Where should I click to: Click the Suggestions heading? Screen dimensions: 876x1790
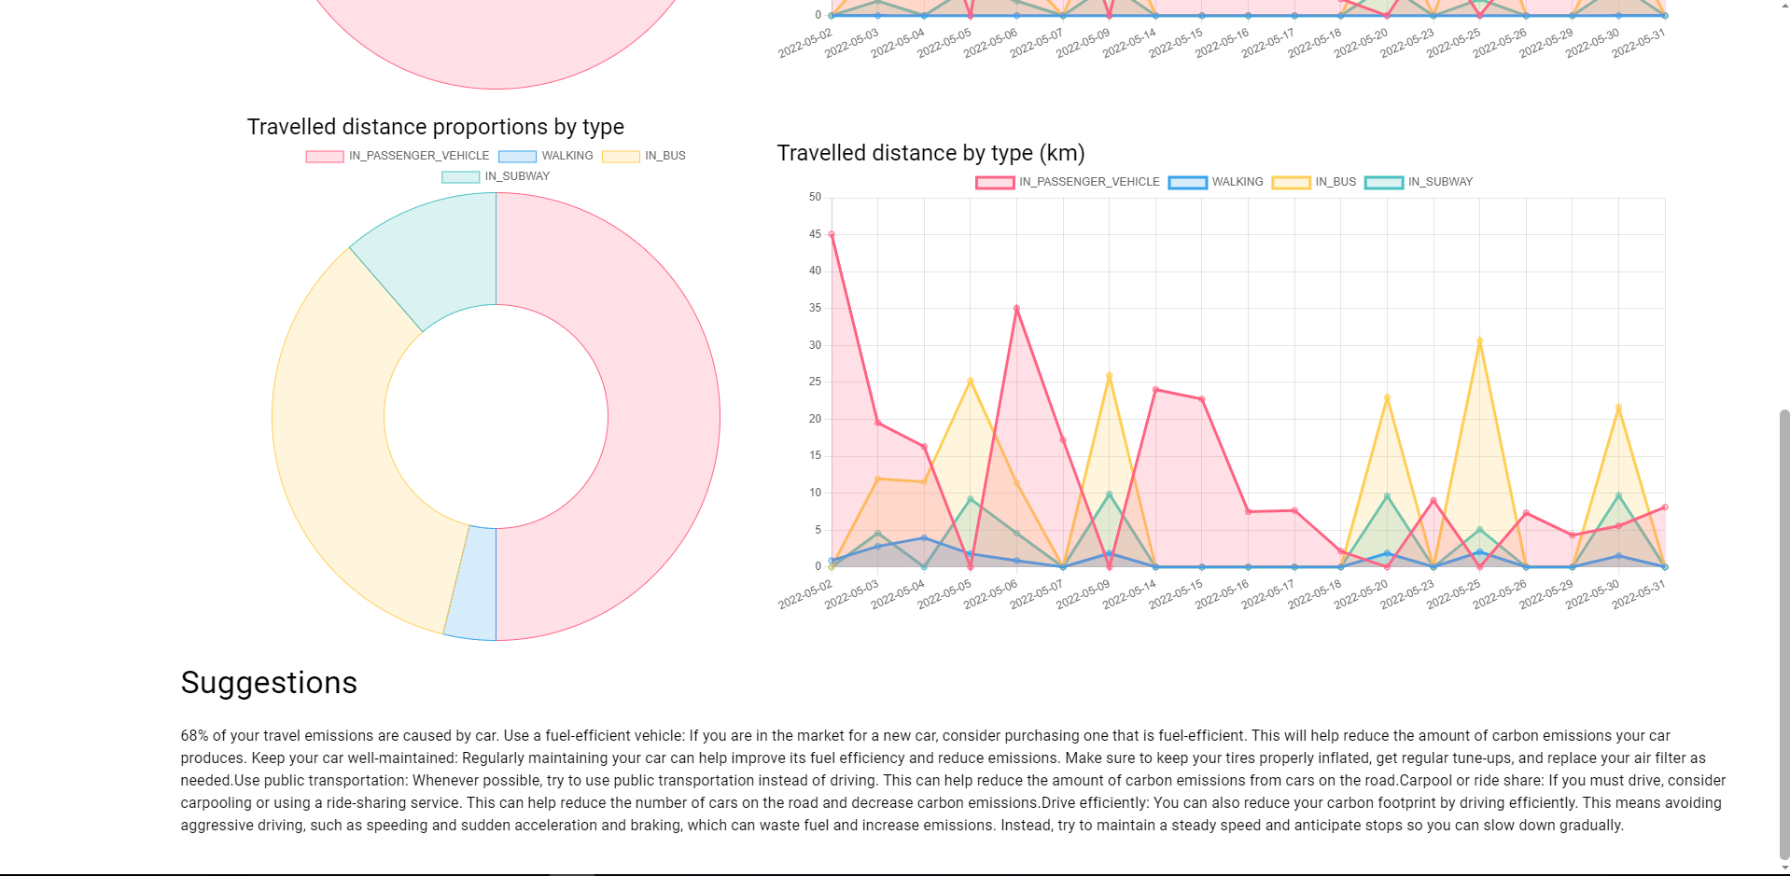click(x=269, y=683)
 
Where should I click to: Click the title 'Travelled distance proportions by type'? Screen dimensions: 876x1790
click(x=435, y=127)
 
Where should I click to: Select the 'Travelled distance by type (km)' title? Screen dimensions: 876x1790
click(x=930, y=153)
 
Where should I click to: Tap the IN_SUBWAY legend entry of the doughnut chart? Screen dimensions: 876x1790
click(x=496, y=176)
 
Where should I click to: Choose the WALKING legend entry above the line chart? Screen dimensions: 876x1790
click(x=1216, y=182)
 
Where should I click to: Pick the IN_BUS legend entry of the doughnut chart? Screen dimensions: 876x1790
click(x=645, y=156)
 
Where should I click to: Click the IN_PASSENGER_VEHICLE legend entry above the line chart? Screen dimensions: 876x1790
click(x=1068, y=182)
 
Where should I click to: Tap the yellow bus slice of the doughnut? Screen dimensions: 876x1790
click(x=336, y=438)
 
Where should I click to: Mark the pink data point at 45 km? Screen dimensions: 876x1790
click(x=832, y=235)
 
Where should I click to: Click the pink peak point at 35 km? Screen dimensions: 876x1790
click(x=1016, y=309)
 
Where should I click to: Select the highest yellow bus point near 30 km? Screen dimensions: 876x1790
click(x=1479, y=341)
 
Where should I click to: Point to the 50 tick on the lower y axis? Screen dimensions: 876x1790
click(x=815, y=198)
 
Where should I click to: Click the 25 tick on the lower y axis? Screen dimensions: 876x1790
click(x=815, y=382)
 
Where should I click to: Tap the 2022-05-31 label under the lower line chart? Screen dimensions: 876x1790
click(x=1639, y=593)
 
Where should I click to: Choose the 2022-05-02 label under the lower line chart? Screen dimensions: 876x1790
click(x=804, y=593)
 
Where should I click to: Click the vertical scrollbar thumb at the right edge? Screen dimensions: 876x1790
click(x=1783, y=634)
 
